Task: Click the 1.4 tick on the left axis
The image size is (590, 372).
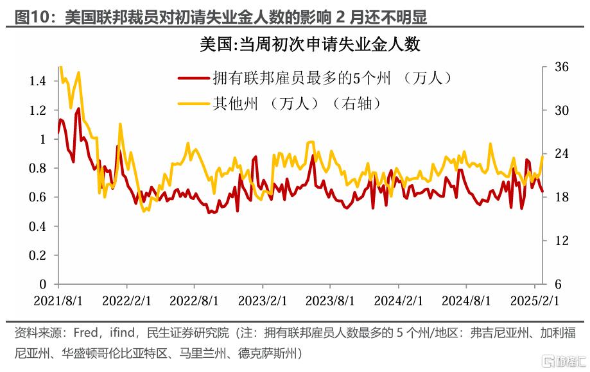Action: pos(39,81)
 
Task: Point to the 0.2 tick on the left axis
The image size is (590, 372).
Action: pos(39,255)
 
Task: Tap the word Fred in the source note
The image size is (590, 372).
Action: pos(86,333)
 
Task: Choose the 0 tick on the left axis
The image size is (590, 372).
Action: pos(44,284)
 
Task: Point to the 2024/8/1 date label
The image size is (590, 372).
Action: pos(467,300)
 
